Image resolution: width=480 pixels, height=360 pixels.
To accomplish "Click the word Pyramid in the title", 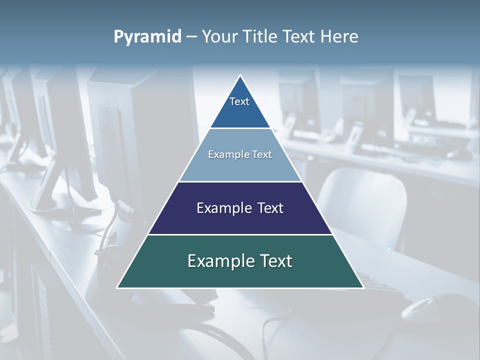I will (x=147, y=37).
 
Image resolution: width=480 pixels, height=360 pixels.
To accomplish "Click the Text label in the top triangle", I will (x=239, y=101).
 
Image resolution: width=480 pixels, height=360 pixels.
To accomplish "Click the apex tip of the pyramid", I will (x=240, y=76).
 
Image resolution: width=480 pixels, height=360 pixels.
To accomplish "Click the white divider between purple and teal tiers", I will (x=240, y=234).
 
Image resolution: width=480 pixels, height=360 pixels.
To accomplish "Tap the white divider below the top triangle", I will (x=240, y=128).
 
